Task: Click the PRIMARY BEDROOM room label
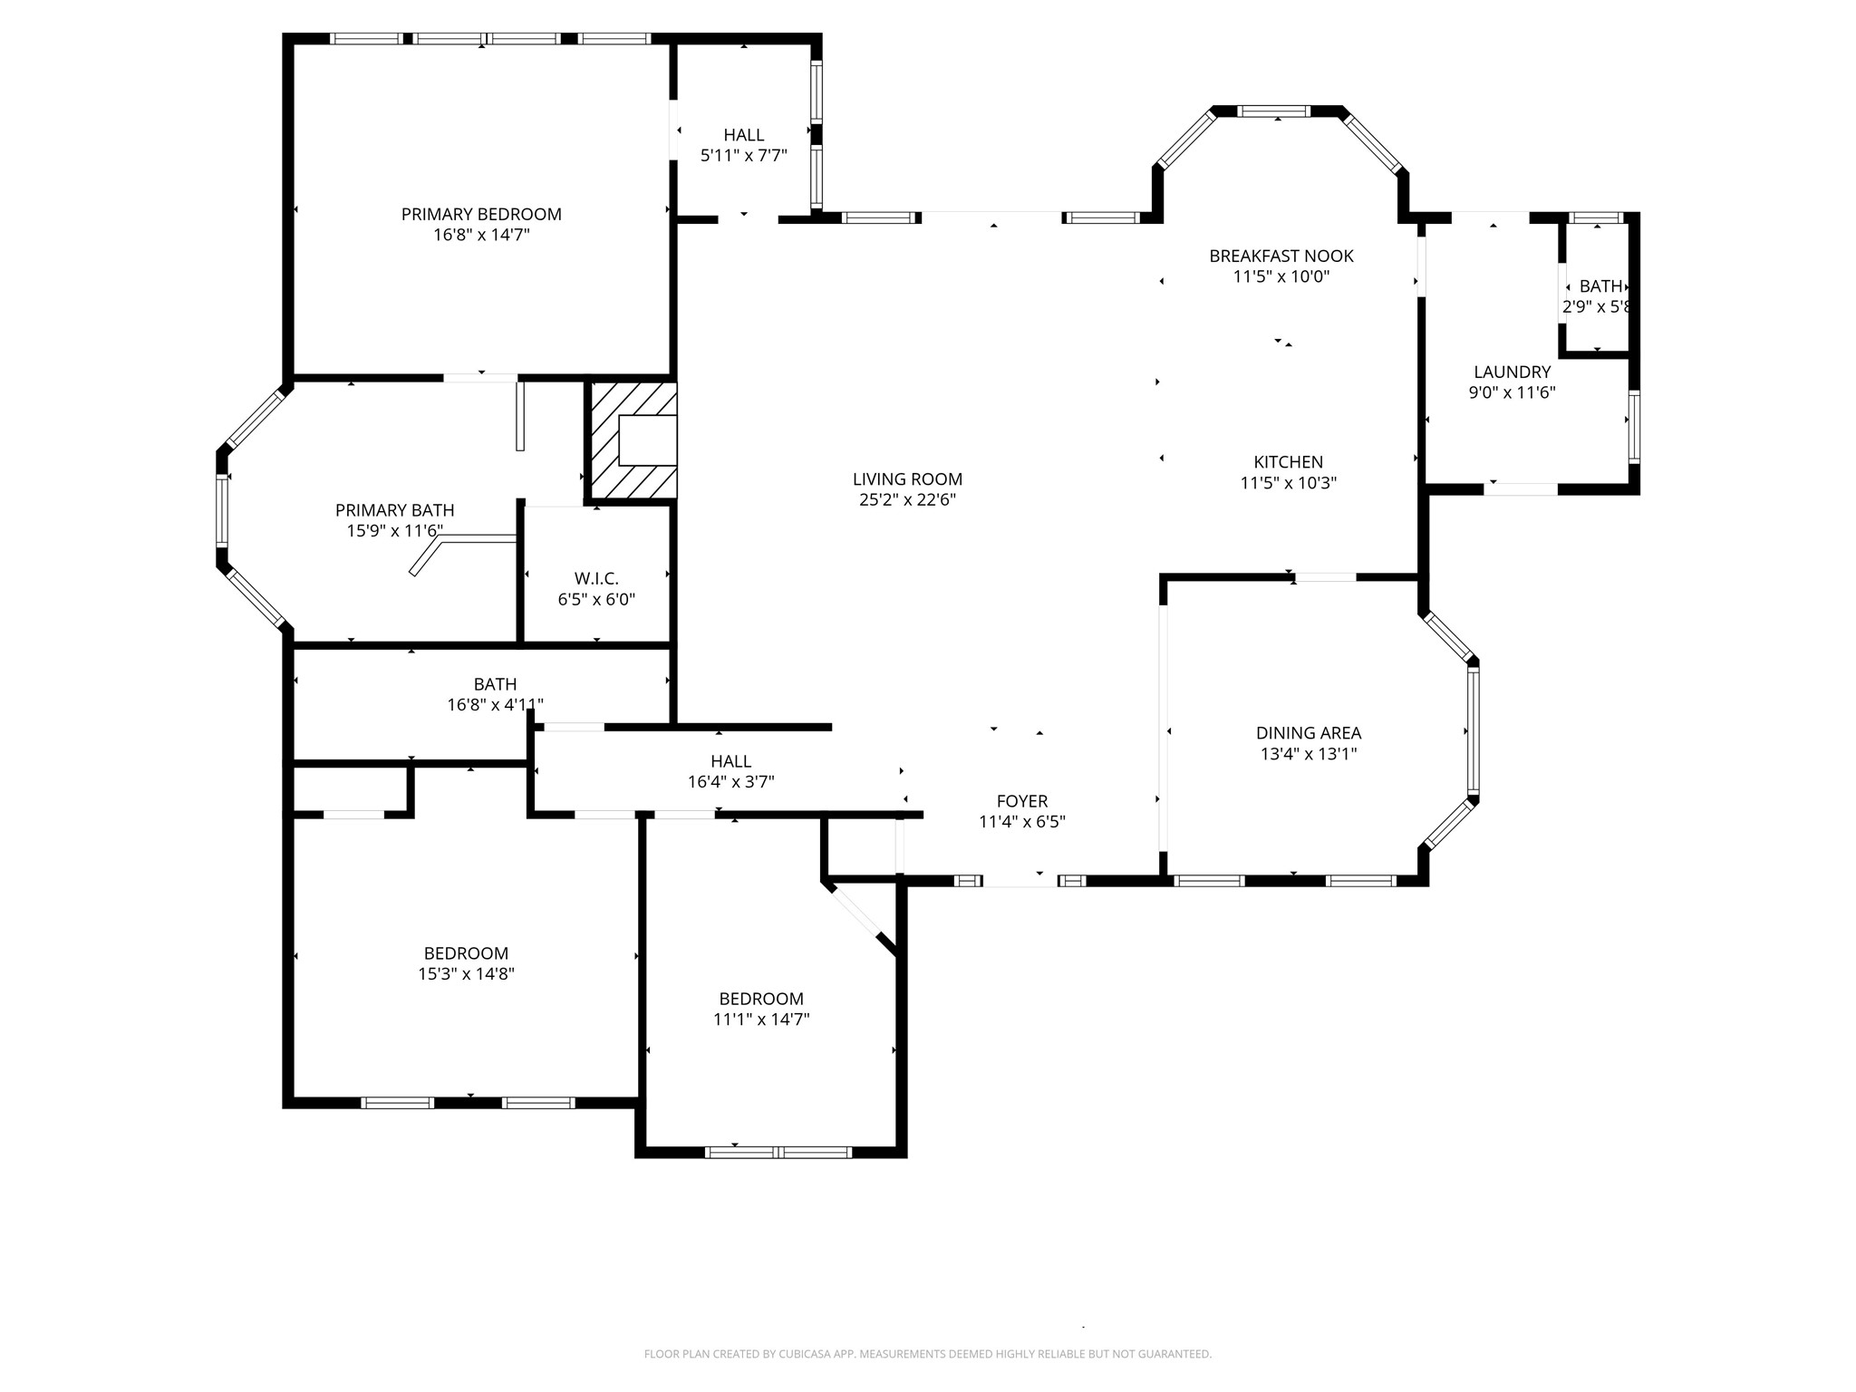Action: tap(481, 215)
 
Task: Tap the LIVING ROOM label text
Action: tap(907, 479)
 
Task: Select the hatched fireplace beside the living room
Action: tap(633, 440)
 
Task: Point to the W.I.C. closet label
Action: tap(596, 578)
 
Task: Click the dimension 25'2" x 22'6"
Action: tap(907, 499)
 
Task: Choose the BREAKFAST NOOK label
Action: tap(1281, 256)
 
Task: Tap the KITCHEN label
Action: tap(1288, 462)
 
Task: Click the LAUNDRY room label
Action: tap(1512, 372)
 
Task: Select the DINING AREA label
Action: tap(1309, 733)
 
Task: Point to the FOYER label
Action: tap(1022, 801)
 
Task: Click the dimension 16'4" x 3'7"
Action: tap(730, 781)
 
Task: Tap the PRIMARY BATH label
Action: tap(395, 510)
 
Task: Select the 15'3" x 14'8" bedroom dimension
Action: tap(466, 973)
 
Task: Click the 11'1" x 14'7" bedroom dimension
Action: tap(761, 1019)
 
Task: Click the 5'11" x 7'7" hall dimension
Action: tap(743, 155)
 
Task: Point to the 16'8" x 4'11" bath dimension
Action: tap(495, 704)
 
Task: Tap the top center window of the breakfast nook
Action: tap(1274, 111)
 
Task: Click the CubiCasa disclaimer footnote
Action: tap(927, 1354)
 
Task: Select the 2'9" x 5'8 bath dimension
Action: tap(1597, 306)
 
